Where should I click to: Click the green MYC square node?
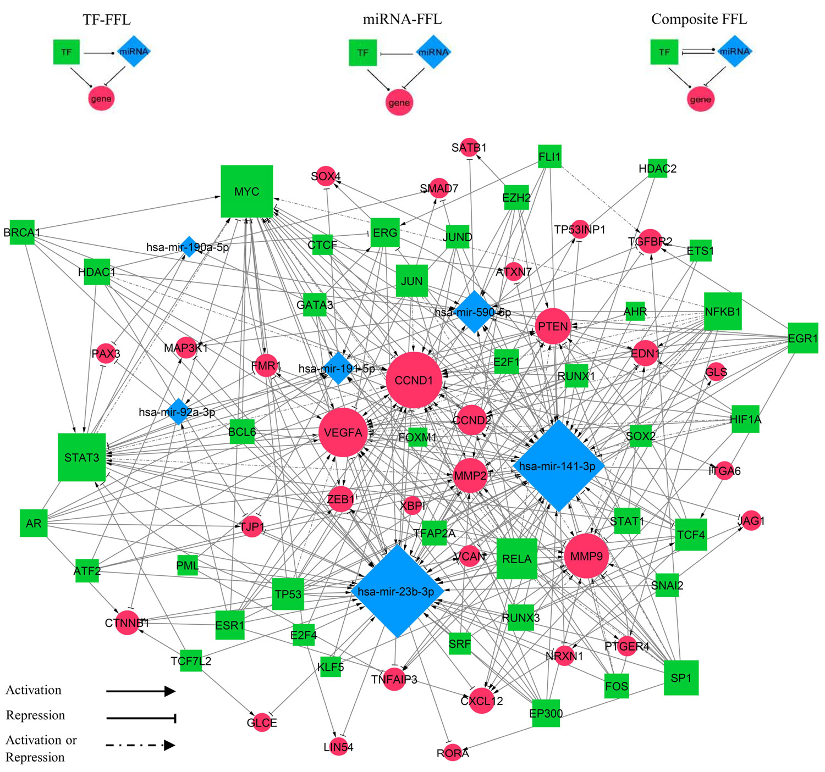(x=246, y=191)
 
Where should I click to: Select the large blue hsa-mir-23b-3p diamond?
(x=397, y=591)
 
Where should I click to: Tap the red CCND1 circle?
(x=414, y=380)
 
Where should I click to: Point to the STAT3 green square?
(x=82, y=457)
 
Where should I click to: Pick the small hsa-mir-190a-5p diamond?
(x=189, y=247)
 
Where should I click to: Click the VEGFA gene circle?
(x=343, y=432)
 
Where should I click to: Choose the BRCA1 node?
(x=22, y=233)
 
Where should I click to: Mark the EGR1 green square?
(x=802, y=338)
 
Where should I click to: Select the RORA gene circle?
(x=453, y=753)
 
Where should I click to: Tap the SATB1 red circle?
(x=469, y=147)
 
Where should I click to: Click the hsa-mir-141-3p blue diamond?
(x=558, y=466)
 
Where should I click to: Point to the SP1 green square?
(x=681, y=678)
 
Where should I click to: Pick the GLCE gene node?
(x=262, y=723)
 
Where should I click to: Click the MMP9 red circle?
(x=586, y=556)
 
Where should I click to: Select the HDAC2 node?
(x=657, y=169)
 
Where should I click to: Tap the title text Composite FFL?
(x=699, y=19)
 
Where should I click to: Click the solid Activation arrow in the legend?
(x=140, y=691)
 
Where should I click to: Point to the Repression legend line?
(x=140, y=718)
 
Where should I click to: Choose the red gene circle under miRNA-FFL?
(x=399, y=102)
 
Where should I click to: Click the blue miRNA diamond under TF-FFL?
(x=134, y=52)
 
